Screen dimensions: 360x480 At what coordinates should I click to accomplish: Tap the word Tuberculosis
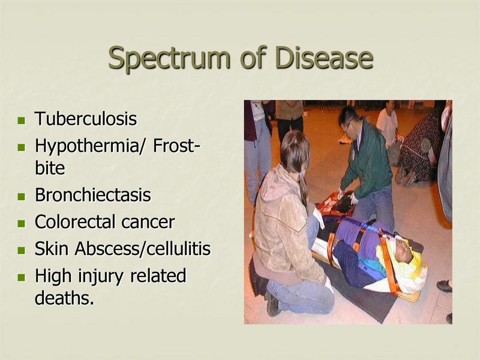[86, 119]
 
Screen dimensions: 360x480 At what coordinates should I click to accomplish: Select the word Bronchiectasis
[92, 196]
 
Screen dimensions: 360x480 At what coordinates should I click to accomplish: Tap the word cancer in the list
[148, 223]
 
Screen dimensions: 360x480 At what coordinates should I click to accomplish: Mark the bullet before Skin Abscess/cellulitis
[22, 250]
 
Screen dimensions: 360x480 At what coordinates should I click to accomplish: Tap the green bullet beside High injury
[22, 277]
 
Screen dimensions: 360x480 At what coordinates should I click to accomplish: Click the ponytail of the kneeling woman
[301, 180]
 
